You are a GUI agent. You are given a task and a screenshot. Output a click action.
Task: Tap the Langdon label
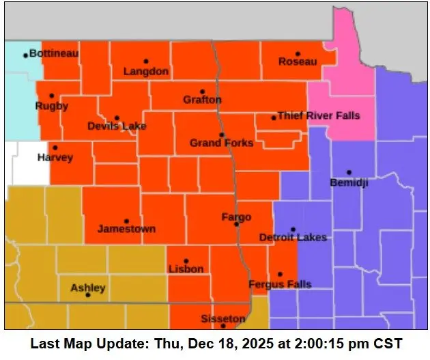[145, 71]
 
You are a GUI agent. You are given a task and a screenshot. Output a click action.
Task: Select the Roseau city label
[298, 62]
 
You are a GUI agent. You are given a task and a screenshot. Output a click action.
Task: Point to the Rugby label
[52, 106]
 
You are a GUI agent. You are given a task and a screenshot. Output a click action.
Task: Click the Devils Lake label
[117, 126]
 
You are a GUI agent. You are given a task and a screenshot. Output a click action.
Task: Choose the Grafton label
[202, 100]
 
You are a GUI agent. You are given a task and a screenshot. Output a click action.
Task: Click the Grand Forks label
[221, 143]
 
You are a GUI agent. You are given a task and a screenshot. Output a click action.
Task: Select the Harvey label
[55, 157]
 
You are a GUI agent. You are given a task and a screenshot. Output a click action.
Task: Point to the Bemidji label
[349, 182]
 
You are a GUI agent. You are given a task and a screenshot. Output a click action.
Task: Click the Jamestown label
[126, 229]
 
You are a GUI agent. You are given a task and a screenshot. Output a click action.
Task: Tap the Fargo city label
[236, 217]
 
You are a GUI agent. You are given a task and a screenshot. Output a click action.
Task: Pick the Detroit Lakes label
[293, 237]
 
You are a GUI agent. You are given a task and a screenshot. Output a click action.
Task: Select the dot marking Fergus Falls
[280, 274]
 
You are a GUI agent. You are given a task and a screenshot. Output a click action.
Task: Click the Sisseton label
[223, 319]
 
